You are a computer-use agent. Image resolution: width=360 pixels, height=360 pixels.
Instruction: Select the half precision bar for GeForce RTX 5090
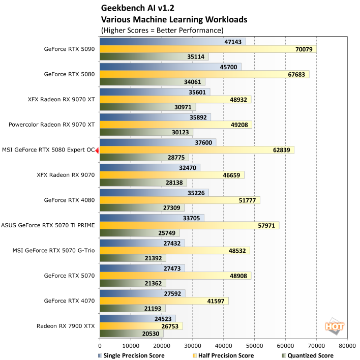coord(208,49)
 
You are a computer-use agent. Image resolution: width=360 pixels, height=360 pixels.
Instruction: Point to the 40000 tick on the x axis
coord(224,345)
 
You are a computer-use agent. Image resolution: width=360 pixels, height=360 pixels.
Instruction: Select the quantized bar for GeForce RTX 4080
coord(142,208)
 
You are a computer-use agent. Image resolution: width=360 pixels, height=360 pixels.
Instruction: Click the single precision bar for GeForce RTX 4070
coord(142,293)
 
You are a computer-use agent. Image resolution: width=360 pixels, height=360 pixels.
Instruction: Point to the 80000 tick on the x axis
coord(347,345)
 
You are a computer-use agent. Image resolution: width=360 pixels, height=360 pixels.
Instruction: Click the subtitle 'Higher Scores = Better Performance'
coord(162,30)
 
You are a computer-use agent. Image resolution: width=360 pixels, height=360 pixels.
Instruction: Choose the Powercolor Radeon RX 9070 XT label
coord(52,125)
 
